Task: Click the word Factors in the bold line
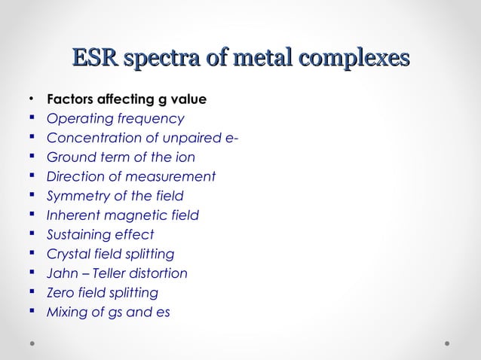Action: [70, 99]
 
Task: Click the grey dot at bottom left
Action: [33, 343]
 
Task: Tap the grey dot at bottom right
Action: [447, 343]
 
